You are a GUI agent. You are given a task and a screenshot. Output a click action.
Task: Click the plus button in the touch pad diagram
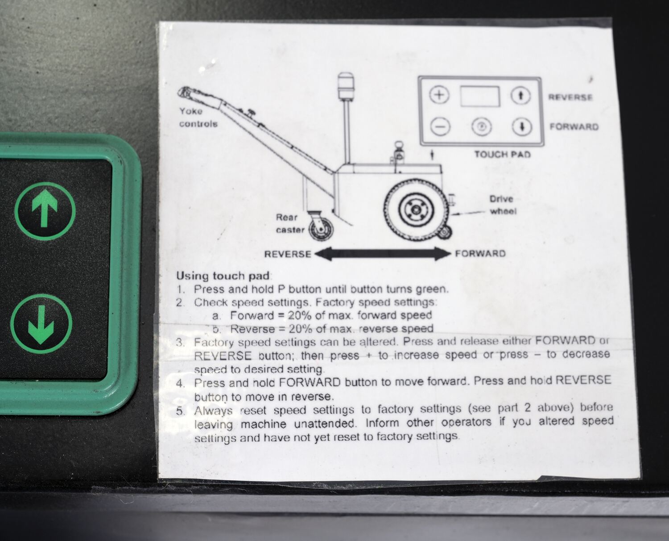click(x=439, y=95)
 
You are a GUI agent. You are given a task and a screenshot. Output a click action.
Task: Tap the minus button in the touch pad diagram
click(x=440, y=127)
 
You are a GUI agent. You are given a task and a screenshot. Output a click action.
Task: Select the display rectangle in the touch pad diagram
click(x=480, y=96)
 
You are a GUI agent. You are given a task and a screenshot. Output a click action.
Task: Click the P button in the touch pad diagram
click(x=482, y=126)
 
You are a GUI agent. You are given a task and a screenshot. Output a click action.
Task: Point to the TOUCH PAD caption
click(x=503, y=155)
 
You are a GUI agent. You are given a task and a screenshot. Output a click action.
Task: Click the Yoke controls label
click(x=198, y=117)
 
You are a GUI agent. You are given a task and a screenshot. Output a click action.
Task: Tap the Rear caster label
click(x=290, y=224)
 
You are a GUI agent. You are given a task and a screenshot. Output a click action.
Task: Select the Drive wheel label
click(x=503, y=205)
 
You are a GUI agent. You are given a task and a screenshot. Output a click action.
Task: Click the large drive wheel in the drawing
click(x=417, y=210)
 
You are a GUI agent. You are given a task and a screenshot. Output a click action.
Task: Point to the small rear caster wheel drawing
click(x=321, y=231)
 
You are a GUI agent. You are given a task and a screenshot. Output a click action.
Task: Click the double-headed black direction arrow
click(x=383, y=254)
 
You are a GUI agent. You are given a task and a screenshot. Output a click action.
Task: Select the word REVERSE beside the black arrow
click(x=288, y=254)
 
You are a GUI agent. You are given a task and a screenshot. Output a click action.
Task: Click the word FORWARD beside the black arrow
click(x=480, y=253)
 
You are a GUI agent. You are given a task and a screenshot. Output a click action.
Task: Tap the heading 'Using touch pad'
click(x=223, y=276)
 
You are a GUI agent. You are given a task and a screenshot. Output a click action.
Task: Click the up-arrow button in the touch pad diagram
click(x=520, y=96)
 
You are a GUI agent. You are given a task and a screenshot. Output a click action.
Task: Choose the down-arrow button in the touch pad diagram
click(x=522, y=127)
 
